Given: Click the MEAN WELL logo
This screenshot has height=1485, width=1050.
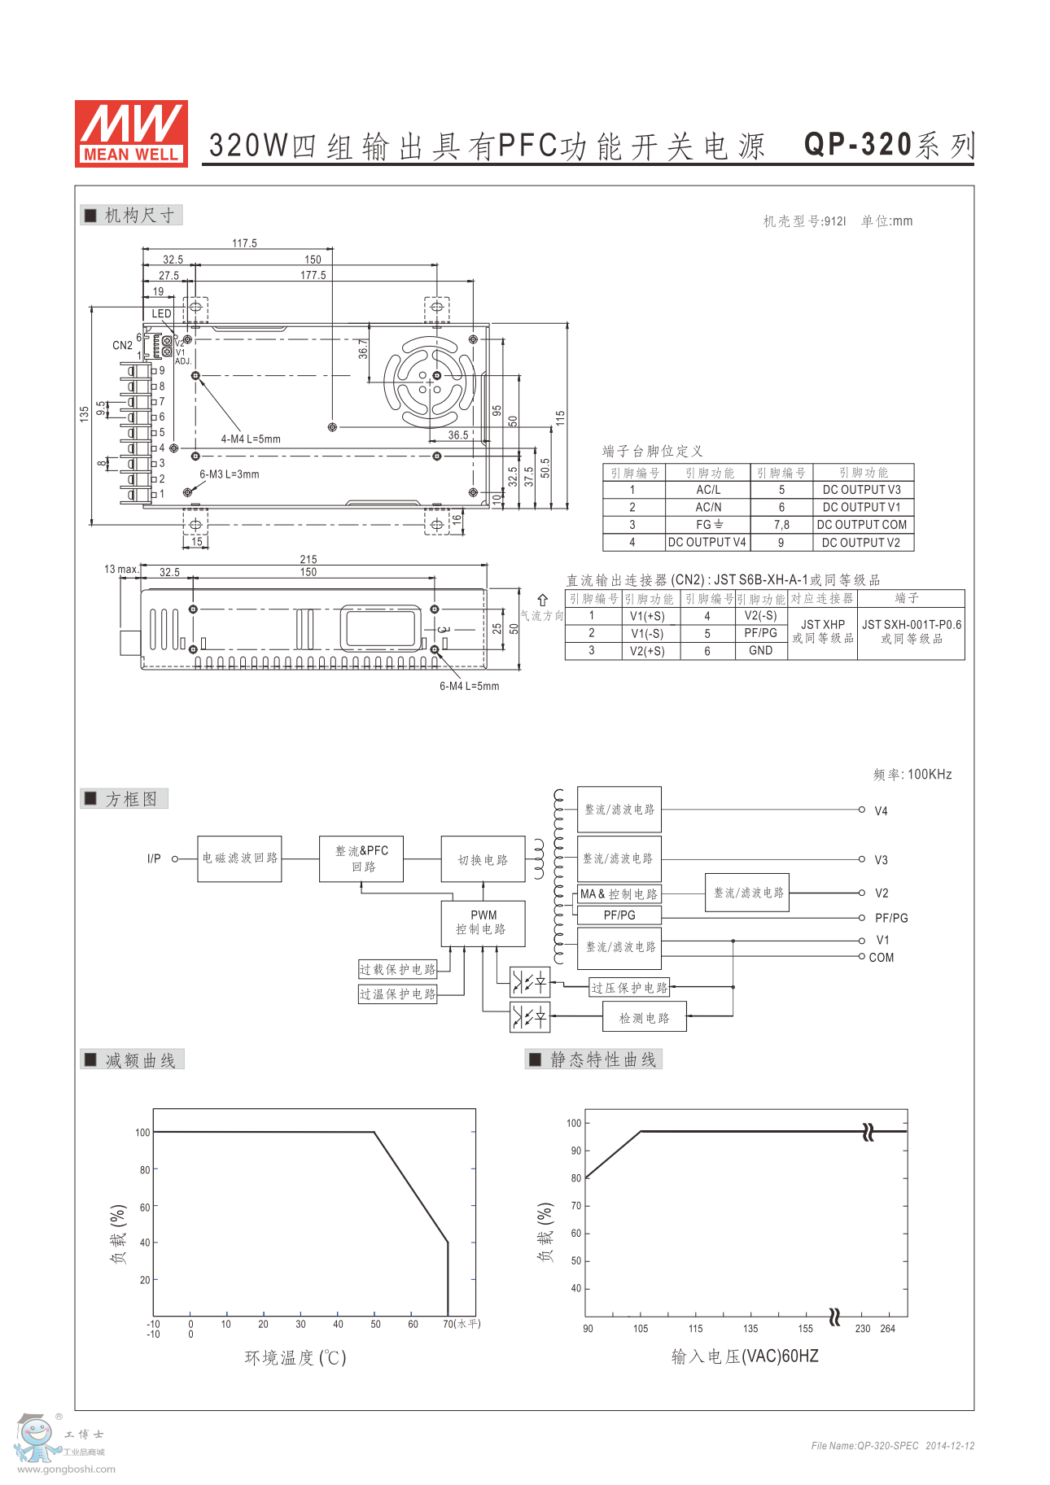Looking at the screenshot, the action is coord(131,133).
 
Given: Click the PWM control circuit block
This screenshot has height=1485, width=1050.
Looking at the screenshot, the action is coord(483,923).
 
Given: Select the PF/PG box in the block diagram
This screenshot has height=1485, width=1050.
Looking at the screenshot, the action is coord(619,915).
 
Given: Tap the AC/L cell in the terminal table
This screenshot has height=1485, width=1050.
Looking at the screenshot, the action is coord(708,490).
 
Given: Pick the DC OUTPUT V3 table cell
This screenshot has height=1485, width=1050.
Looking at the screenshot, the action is coord(862,490).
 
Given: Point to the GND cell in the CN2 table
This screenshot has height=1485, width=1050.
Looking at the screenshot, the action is coord(761,650).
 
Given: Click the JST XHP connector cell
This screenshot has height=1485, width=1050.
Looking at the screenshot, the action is coord(823,631).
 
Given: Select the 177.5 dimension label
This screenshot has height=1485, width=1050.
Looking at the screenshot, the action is coord(313,275).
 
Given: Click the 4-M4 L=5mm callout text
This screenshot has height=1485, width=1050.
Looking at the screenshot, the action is coord(251,439).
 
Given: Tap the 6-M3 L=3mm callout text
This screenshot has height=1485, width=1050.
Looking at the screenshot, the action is coord(230,474).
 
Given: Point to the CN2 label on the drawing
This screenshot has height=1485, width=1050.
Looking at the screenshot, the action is coord(122,345).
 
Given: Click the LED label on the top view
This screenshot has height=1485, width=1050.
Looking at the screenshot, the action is coord(161,313).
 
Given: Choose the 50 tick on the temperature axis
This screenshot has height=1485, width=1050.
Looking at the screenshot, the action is coord(375,1324).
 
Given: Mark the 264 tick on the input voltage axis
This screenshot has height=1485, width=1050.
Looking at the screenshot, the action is coord(888,1329).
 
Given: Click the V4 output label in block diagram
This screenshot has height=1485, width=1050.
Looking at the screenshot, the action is coord(881,811).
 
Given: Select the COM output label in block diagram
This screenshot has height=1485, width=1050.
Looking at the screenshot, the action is coord(882,958).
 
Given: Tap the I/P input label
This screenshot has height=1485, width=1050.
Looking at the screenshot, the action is coord(154,858).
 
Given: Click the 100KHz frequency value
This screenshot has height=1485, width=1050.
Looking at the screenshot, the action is coord(930,775).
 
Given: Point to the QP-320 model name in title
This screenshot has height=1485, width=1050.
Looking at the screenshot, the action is coord(858,145).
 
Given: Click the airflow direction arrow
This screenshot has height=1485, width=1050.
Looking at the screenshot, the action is coord(542,601).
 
